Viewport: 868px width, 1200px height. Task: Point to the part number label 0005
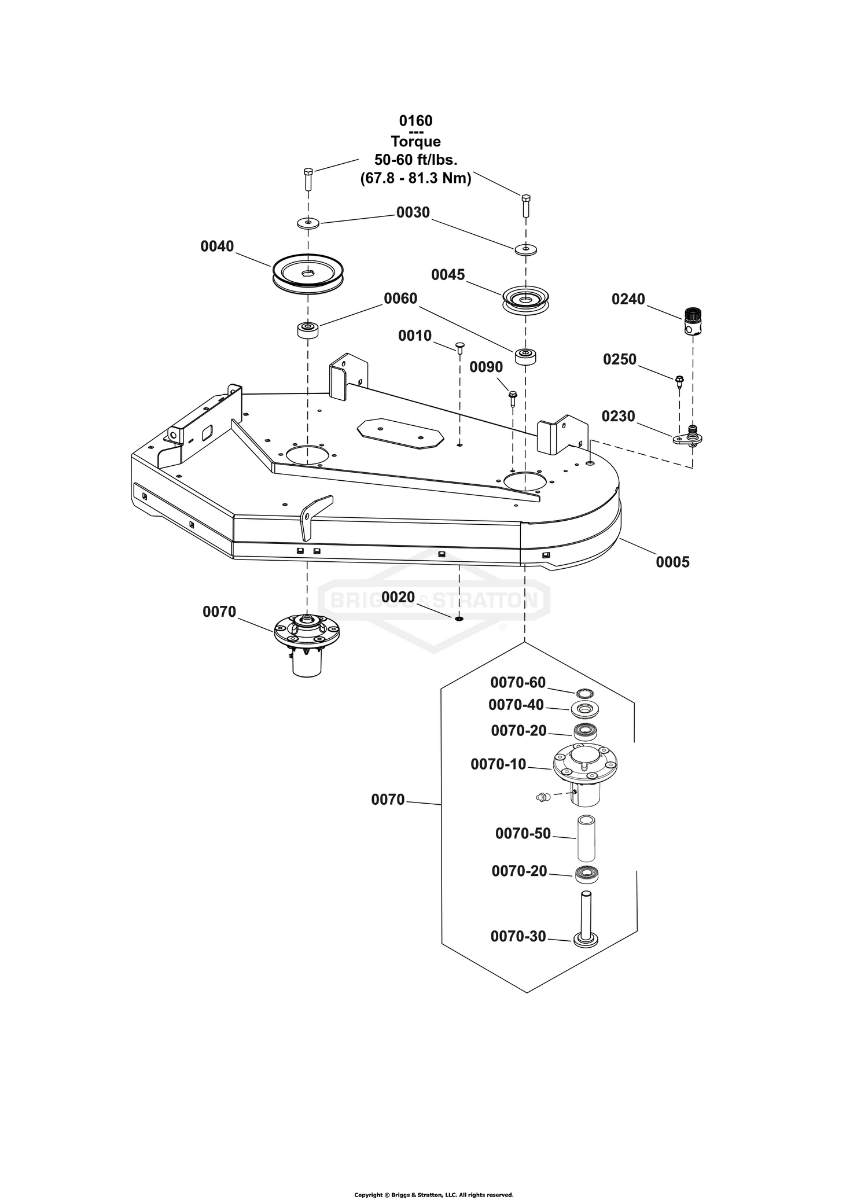tap(672, 562)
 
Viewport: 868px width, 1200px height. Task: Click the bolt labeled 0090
tap(513, 397)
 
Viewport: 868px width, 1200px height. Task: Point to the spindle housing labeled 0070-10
tap(584, 772)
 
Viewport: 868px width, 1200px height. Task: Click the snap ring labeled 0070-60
tap(586, 693)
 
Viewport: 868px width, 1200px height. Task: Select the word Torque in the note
tap(415, 142)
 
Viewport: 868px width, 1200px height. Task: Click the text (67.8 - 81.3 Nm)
tap(415, 178)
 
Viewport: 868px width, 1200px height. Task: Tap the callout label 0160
tap(415, 120)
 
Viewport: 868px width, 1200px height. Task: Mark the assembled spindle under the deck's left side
tap(307, 645)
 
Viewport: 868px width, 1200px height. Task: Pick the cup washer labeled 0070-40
tap(586, 709)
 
